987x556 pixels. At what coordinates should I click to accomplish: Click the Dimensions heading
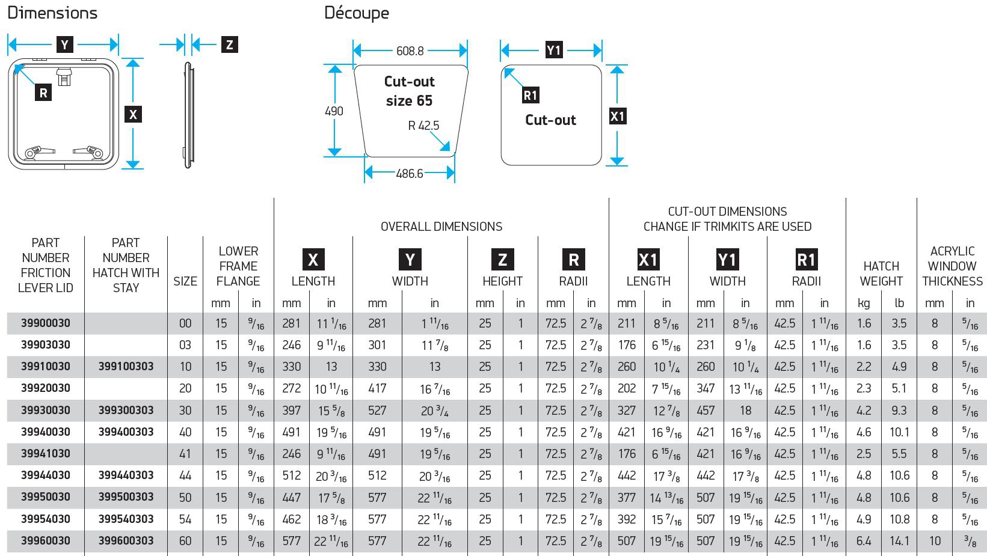[52, 13]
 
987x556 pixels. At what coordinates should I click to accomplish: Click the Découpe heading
[356, 13]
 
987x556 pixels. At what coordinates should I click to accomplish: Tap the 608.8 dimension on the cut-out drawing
[410, 51]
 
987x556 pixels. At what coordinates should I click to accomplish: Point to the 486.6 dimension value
[410, 174]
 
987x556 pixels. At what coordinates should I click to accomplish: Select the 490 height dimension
[334, 111]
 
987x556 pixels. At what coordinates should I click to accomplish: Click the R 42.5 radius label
[423, 126]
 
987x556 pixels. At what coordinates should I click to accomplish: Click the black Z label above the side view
[229, 44]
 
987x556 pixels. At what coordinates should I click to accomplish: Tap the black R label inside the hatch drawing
[43, 93]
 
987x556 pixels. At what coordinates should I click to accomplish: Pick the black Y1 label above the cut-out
[554, 50]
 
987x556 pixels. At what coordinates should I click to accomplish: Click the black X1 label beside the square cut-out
[618, 116]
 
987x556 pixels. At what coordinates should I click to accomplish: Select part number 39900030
[46, 323]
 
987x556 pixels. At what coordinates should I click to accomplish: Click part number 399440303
[126, 475]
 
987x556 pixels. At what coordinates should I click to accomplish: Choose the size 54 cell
[185, 519]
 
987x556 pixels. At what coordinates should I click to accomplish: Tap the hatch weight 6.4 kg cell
[864, 541]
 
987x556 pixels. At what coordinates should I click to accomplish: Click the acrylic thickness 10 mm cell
[935, 541]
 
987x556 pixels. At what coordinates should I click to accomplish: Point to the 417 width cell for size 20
[377, 388]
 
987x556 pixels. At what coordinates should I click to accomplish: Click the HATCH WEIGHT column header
[881, 273]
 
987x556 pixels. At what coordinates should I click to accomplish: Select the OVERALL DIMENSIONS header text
[441, 227]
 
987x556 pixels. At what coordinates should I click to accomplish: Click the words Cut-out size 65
[410, 91]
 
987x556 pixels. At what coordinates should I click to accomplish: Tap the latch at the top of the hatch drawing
[63, 76]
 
